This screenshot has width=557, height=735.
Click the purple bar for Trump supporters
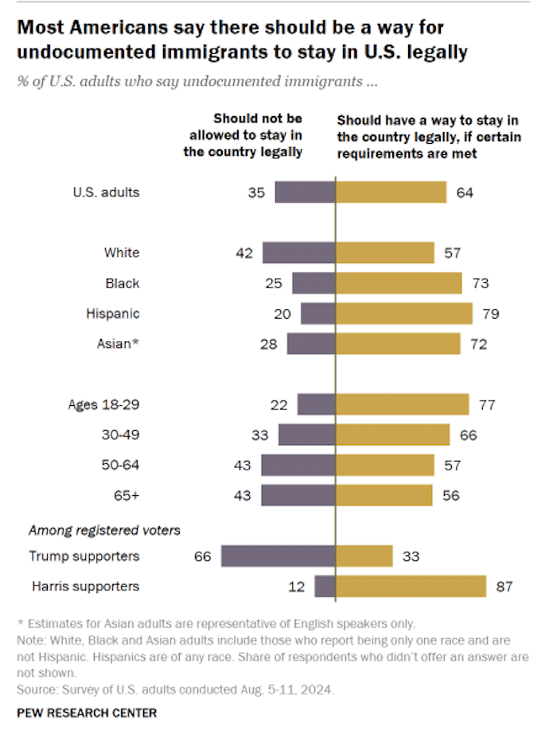tap(278, 556)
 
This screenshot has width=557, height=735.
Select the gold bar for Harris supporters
tap(411, 586)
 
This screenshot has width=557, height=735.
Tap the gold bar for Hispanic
tap(403, 313)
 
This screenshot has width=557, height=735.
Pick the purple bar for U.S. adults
tap(305, 192)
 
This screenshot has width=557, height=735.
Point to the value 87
tap(504, 587)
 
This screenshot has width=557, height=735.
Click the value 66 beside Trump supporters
tap(203, 556)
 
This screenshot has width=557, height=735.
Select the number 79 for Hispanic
tap(490, 313)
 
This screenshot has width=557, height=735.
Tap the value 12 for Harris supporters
tap(297, 587)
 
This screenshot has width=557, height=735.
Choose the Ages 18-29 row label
tap(104, 404)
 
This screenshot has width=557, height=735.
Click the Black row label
tap(123, 283)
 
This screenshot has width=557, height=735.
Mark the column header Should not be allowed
tap(243, 135)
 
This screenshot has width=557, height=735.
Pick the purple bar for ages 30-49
tap(306, 435)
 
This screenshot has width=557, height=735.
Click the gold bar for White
tap(385, 253)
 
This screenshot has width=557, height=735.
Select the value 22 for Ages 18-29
tap(279, 404)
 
